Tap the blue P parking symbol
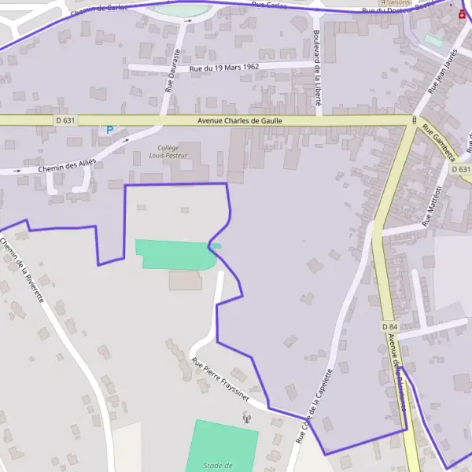(109, 130)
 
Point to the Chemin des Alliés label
(68, 166)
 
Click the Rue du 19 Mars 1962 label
(224, 68)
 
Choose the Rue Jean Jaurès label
(441, 71)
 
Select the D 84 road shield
(389, 326)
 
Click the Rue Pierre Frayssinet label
(220, 380)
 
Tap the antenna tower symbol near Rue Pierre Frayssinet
(245, 416)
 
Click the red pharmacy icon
(461, 13)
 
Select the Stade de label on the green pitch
(219, 465)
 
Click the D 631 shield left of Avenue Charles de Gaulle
(66, 120)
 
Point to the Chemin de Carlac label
(98, 9)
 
